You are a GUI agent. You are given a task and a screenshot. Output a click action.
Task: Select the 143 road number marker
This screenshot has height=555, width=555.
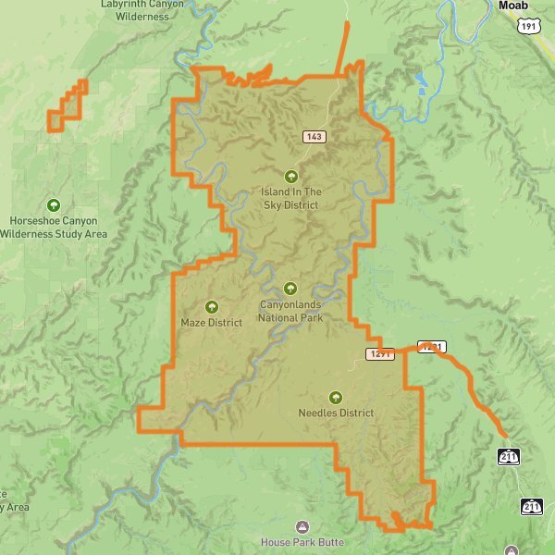click(x=315, y=137)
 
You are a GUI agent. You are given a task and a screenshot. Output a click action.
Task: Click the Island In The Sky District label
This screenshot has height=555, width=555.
click(x=290, y=199)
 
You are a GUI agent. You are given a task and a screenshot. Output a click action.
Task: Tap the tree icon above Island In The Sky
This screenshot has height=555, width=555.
click(x=290, y=176)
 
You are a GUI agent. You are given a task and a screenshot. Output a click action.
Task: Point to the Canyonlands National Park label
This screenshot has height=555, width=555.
click(x=290, y=311)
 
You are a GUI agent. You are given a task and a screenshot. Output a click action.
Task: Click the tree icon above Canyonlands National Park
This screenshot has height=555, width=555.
click(x=290, y=289)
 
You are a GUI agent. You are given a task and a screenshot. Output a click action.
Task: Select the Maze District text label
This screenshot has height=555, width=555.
click(x=212, y=323)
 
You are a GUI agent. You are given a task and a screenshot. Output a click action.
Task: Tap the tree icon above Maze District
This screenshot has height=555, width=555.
click(x=212, y=306)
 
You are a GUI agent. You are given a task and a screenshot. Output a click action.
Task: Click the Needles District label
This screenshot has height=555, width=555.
click(x=336, y=413)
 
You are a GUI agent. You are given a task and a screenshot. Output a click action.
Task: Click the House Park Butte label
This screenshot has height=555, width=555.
click(x=302, y=542)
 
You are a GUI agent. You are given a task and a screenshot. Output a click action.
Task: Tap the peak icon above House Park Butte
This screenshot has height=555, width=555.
click(x=302, y=526)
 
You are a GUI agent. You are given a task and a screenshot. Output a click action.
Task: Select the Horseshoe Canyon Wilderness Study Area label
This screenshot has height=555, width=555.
click(x=53, y=228)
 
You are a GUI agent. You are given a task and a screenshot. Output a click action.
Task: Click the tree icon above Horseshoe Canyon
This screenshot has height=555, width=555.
click(x=53, y=205)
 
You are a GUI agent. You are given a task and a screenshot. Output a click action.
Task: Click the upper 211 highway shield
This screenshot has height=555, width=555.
click(x=509, y=457)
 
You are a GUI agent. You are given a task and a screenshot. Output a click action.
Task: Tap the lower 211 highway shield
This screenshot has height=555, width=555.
click(x=531, y=506)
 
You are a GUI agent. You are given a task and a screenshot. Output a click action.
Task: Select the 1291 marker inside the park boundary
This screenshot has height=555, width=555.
click(x=380, y=354)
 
